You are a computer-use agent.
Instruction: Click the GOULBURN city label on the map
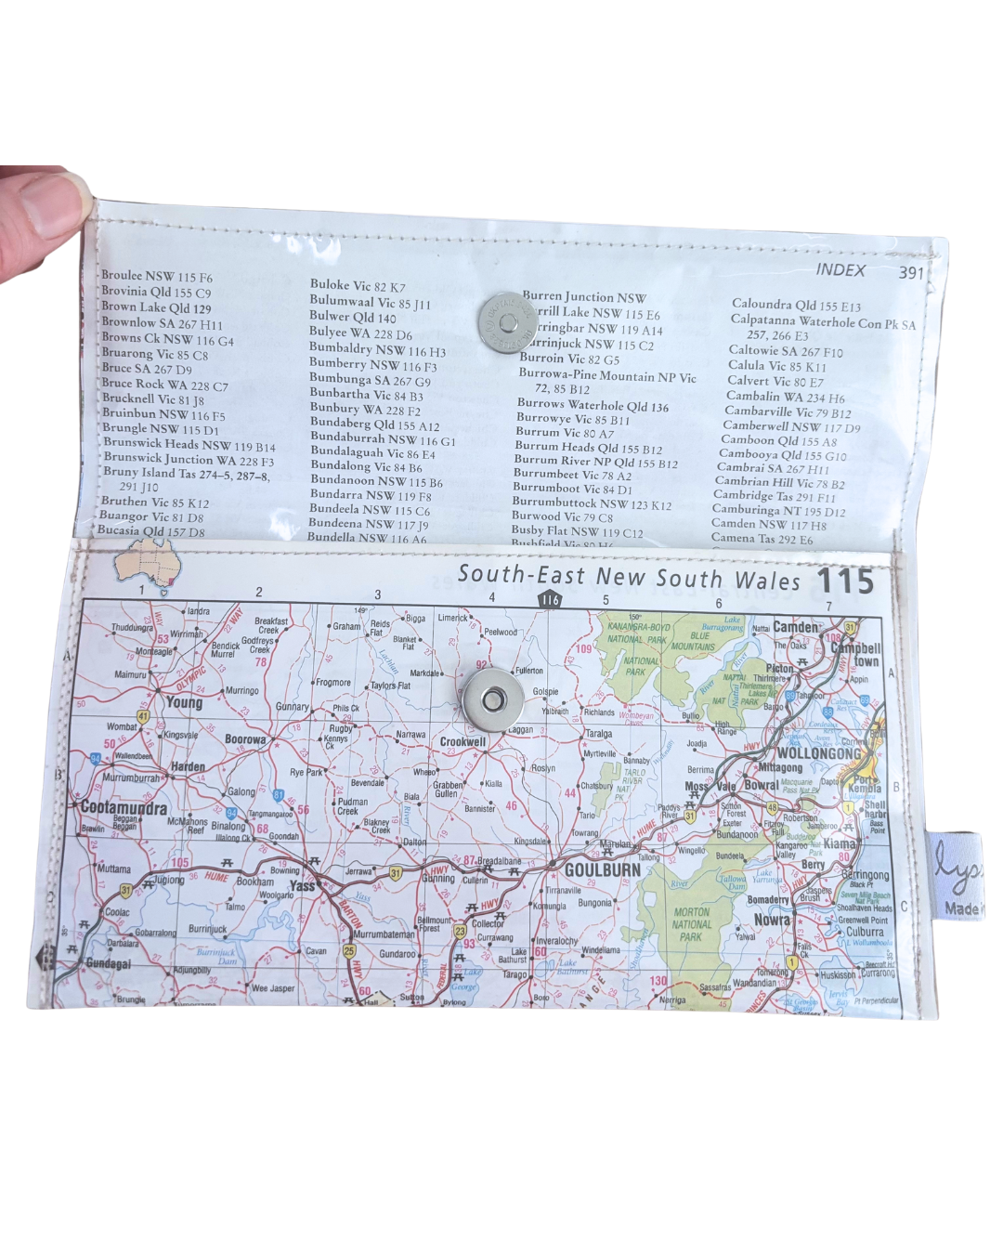click(603, 869)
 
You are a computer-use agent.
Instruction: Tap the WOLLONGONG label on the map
click(818, 753)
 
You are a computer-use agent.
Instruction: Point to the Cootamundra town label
click(124, 807)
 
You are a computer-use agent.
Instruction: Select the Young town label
click(184, 702)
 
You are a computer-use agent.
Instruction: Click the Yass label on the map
click(303, 885)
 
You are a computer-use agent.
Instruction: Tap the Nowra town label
click(772, 920)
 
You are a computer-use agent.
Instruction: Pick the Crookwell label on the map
click(462, 741)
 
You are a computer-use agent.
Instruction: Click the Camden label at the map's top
click(797, 627)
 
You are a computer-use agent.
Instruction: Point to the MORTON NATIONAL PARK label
click(691, 924)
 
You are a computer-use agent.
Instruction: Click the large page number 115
click(846, 581)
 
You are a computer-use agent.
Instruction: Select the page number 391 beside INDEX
click(911, 272)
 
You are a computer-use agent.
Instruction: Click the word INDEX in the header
click(840, 270)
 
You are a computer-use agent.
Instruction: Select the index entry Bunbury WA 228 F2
click(365, 409)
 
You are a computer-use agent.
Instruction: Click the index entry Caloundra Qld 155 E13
click(796, 305)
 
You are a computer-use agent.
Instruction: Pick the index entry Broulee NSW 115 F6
click(156, 276)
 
